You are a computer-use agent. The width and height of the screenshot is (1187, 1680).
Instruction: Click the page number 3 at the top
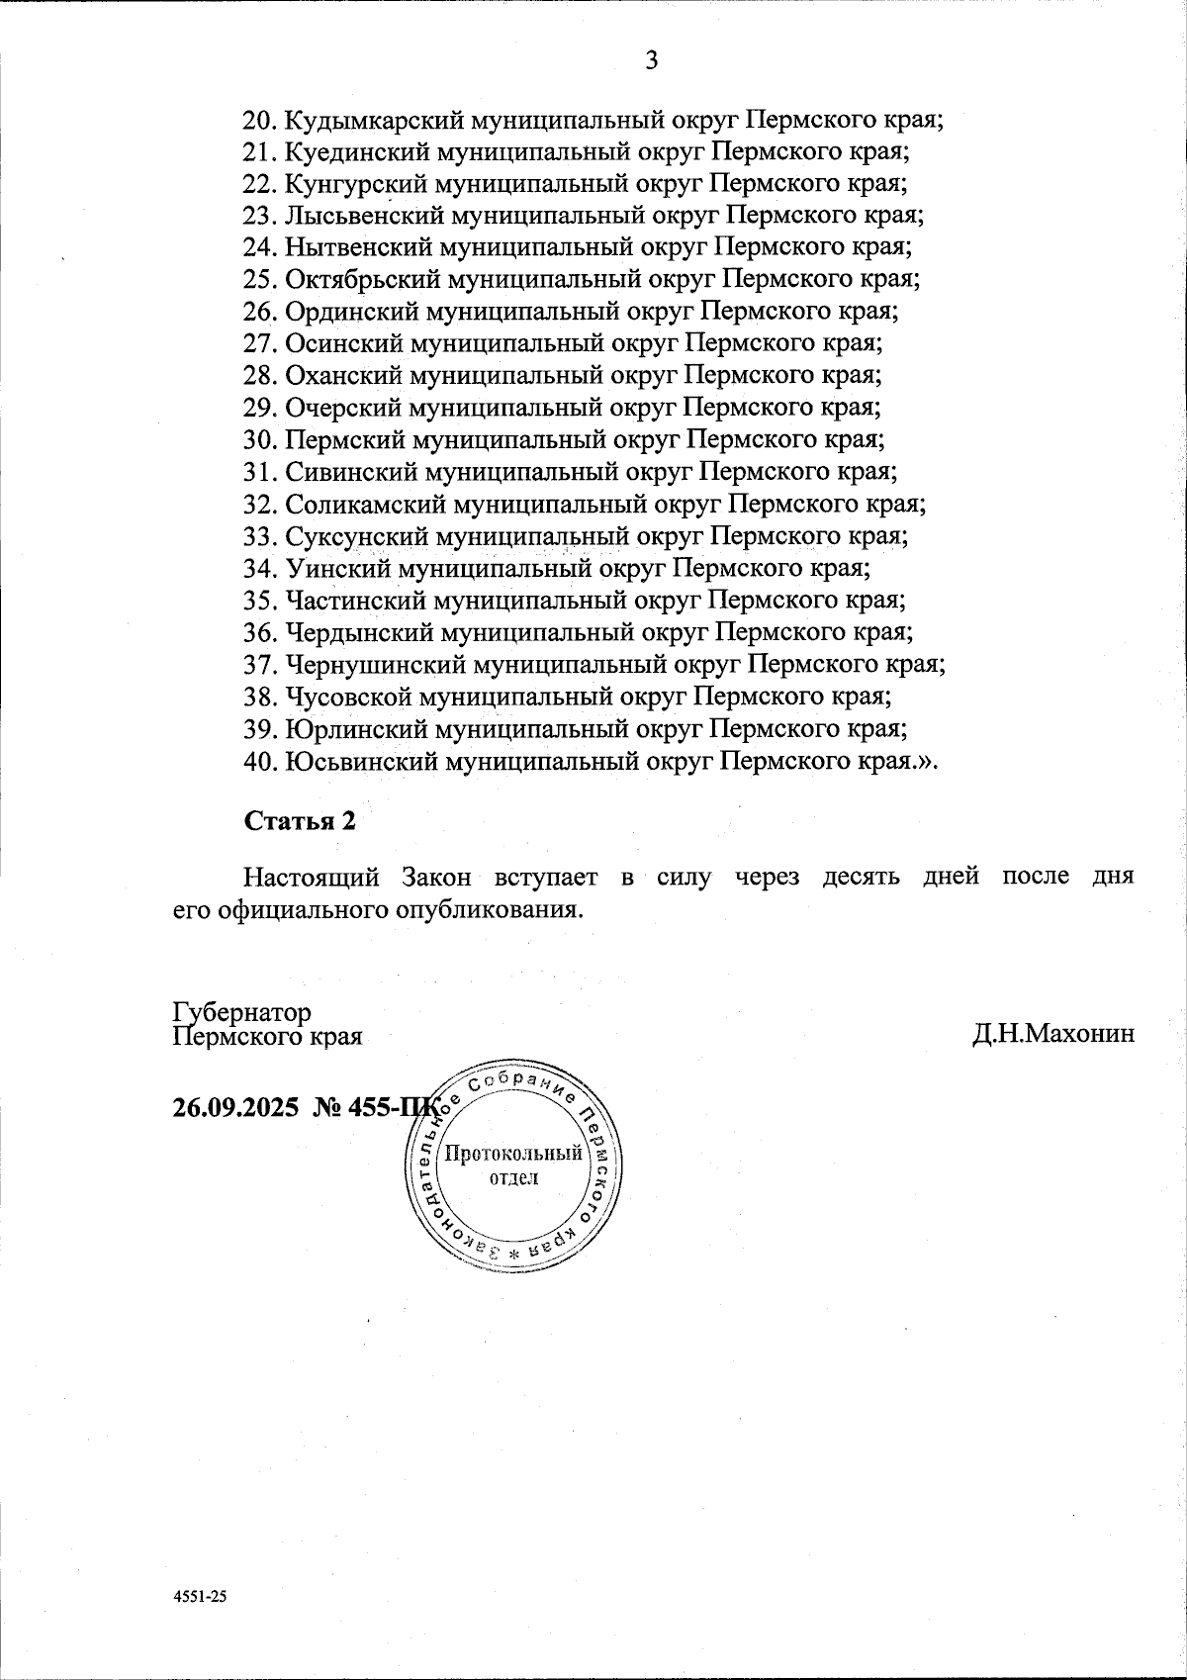652,61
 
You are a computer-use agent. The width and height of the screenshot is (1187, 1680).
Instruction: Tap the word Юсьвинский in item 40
360,761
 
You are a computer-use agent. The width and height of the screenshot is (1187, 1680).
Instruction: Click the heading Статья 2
298,821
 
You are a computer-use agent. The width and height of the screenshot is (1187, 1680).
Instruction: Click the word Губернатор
241,1012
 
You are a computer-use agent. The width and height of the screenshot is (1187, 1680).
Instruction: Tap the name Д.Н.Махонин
1052,1035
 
